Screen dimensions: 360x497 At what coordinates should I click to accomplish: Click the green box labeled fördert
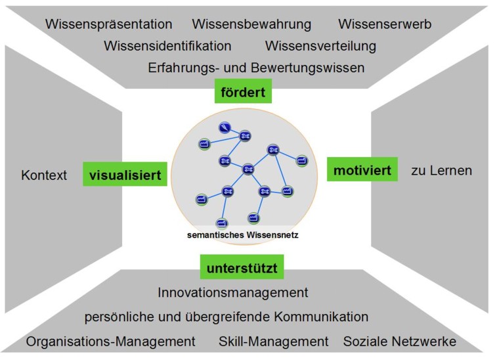click(x=243, y=92)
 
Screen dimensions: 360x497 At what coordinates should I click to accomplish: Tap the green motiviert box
click(x=362, y=171)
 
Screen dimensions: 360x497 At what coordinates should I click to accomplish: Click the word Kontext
click(x=44, y=175)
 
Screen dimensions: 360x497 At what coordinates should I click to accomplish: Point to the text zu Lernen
click(x=441, y=171)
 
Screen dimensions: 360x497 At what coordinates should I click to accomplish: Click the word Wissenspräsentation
click(x=109, y=24)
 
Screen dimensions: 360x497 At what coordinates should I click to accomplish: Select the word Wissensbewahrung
click(x=251, y=24)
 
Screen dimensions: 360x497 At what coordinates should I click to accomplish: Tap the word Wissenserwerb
click(x=385, y=24)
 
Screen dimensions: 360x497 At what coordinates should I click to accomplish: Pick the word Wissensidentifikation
click(x=167, y=46)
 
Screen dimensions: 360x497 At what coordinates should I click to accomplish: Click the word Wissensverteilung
click(x=320, y=46)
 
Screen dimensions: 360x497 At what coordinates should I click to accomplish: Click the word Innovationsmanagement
click(x=233, y=292)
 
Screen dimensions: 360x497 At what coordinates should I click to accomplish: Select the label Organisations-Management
click(x=111, y=342)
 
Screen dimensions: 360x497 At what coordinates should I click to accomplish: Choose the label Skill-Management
click(x=274, y=342)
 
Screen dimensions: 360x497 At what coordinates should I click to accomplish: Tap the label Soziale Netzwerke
click(x=399, y=342)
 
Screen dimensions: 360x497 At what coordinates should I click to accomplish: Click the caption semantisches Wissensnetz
click(x=244, y=235)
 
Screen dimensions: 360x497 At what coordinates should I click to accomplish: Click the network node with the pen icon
click(x=225, y=128)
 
